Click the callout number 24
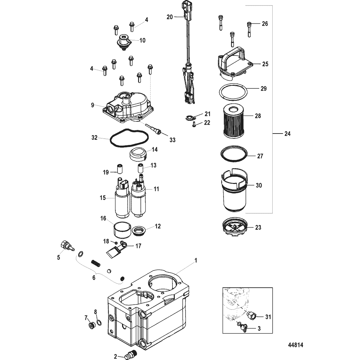coord(287,134)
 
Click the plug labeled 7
coord(91,325)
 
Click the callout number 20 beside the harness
coord(170,17)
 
